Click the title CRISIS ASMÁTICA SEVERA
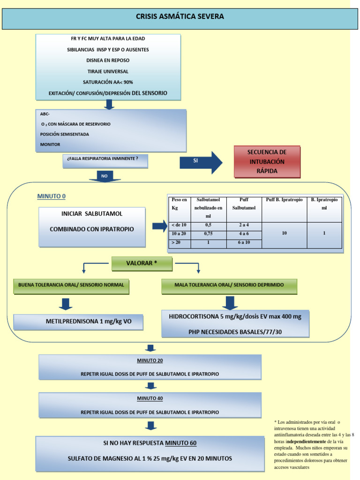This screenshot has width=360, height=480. pos(180,16)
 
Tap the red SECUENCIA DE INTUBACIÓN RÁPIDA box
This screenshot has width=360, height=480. pos(267,162)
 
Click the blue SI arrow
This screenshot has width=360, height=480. pos(201,163)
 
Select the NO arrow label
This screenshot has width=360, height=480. pos(105,176)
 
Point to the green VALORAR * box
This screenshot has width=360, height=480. pos(142,263)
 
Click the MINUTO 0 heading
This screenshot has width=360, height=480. pos(52,196)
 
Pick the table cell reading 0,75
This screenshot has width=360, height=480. pos(208,233)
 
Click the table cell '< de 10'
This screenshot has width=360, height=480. pos(180,225)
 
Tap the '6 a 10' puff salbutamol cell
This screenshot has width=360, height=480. pos(244,242)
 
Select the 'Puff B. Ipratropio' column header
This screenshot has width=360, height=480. pos(285,200)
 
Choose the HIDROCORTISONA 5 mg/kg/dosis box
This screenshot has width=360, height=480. pos(235,324)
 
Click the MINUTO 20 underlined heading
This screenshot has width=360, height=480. pos(150,360)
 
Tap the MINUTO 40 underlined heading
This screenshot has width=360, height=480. pos(150,398)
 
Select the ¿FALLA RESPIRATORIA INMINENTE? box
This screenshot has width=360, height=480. pos(105,161)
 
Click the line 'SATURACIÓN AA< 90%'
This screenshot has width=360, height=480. pos(108,82)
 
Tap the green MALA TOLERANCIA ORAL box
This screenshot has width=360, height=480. pos(229,286)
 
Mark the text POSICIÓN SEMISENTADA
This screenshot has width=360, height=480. pos(64,134)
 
